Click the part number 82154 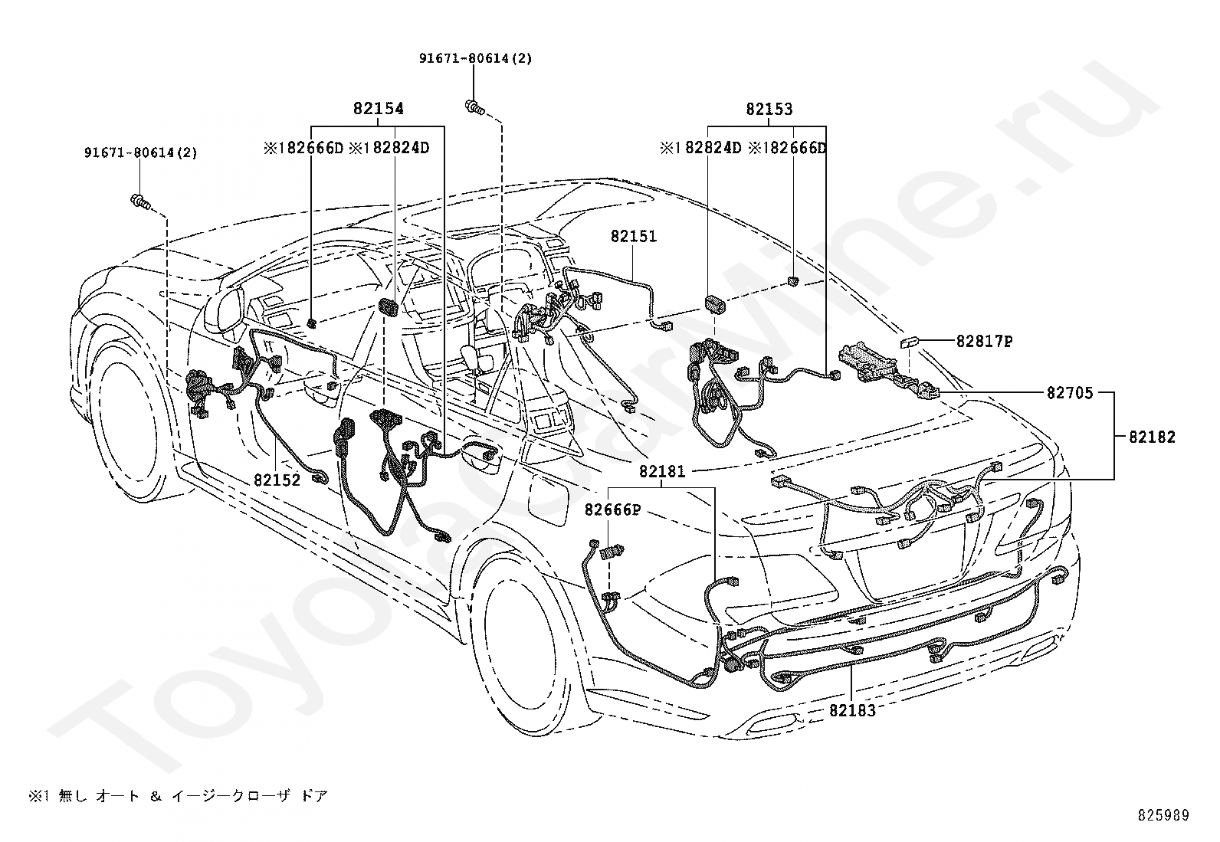pos(379,108)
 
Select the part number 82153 pos(769,109)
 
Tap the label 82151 pos(634,237)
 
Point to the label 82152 pos(277,480)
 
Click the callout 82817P pos(984,342)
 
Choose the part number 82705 pos(1070,393)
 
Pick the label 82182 pos(1152,437)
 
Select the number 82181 pos(662,471)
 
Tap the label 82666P pos(613,509)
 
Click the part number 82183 pos(852,710)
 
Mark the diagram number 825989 pos(1163,815)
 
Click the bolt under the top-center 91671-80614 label pos(474,107)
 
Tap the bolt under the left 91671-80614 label pos(140,202)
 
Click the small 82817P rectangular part pos(910,342)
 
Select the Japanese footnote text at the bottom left pos(178,796)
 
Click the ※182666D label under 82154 pos(303,148)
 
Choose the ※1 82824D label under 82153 pos(700,148)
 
